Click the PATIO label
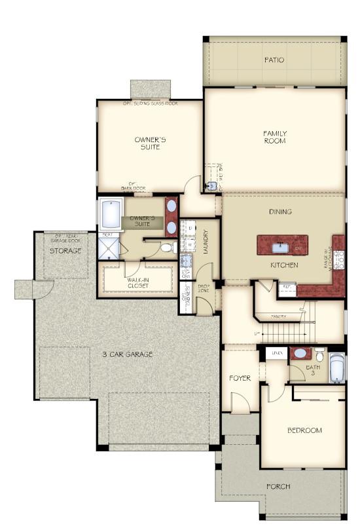(274, 60)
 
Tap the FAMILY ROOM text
(275, 137)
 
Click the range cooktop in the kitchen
(338, 260)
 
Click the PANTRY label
(279, 317)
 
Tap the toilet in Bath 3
(319, 356)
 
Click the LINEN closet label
(277, 354)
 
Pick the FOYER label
(240, 378)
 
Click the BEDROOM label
(304, 430)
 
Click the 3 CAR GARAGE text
(127, 354)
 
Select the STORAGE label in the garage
(65, 251)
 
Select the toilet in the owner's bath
(166, 248)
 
